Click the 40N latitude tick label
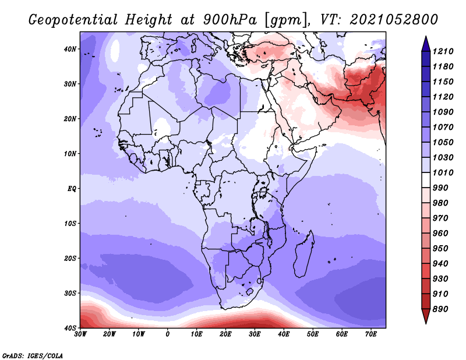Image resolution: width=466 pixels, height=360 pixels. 70,49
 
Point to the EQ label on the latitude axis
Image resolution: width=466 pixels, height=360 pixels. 72,189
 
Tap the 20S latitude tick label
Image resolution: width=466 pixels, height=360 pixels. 70,258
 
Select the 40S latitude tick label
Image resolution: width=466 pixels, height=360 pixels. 70,328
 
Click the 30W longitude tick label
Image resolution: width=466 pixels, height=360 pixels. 80,334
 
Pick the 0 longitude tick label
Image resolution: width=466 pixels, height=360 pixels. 168,334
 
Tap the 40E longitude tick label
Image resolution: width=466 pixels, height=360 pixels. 284,334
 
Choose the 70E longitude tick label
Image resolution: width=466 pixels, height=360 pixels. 371,334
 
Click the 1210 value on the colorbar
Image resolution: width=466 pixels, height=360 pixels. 443,51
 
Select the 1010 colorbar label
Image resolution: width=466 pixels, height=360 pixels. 443,172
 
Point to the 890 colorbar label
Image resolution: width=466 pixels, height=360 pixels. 440,309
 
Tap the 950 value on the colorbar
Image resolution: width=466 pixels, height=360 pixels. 440,249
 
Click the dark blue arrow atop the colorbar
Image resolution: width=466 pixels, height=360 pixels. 426,44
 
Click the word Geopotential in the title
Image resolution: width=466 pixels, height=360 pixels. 73,20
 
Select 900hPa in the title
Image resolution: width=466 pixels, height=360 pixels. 230,20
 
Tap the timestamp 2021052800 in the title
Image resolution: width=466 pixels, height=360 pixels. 394,20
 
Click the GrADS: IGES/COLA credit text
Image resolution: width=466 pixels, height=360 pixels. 33,356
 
